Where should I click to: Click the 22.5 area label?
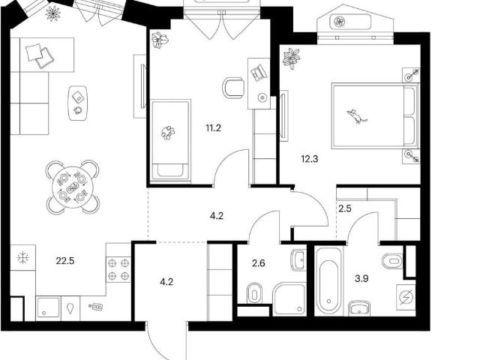[x=65, y=261]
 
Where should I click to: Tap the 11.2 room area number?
[x=213, y=128]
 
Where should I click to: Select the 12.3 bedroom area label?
[x=310, y=159]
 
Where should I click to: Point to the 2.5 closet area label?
[x=345, y=208]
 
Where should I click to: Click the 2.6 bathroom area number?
[x=258, y=263]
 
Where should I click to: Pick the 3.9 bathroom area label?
[x=361, y=279]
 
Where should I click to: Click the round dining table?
[x=73, y=187]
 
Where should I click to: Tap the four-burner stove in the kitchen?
[x=118, y=270]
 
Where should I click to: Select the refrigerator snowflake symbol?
[x=23, y=258]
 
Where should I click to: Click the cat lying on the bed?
[x=357, y=116]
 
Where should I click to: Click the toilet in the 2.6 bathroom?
[x=255, y=293]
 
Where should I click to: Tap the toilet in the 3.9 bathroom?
[x=393, y=261]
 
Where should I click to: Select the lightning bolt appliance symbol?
[x=406, y=297]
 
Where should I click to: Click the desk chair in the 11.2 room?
[x=233, y=88]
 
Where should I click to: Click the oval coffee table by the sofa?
[x=78, y=103]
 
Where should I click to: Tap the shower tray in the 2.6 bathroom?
[x=289, y=299]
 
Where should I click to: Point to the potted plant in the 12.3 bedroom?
[x=291, y=58]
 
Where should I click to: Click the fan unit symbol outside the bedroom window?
[x=339, y=22]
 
